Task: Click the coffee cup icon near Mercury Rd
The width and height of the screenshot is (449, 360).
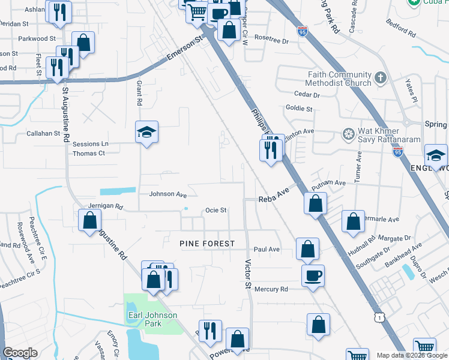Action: pos(313,275)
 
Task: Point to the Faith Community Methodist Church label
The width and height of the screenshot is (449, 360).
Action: pos(340,79)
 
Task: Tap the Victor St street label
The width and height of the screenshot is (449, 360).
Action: pos(247,274)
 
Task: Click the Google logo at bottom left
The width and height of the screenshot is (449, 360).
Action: pos(20,353)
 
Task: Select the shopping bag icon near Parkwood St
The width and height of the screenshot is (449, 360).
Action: pos(83,43)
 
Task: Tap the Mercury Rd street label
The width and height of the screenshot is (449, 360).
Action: pos(271,289)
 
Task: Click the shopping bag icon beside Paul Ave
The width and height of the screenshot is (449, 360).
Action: pos(307,248)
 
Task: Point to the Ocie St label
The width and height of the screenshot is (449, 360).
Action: pos(215,211)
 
